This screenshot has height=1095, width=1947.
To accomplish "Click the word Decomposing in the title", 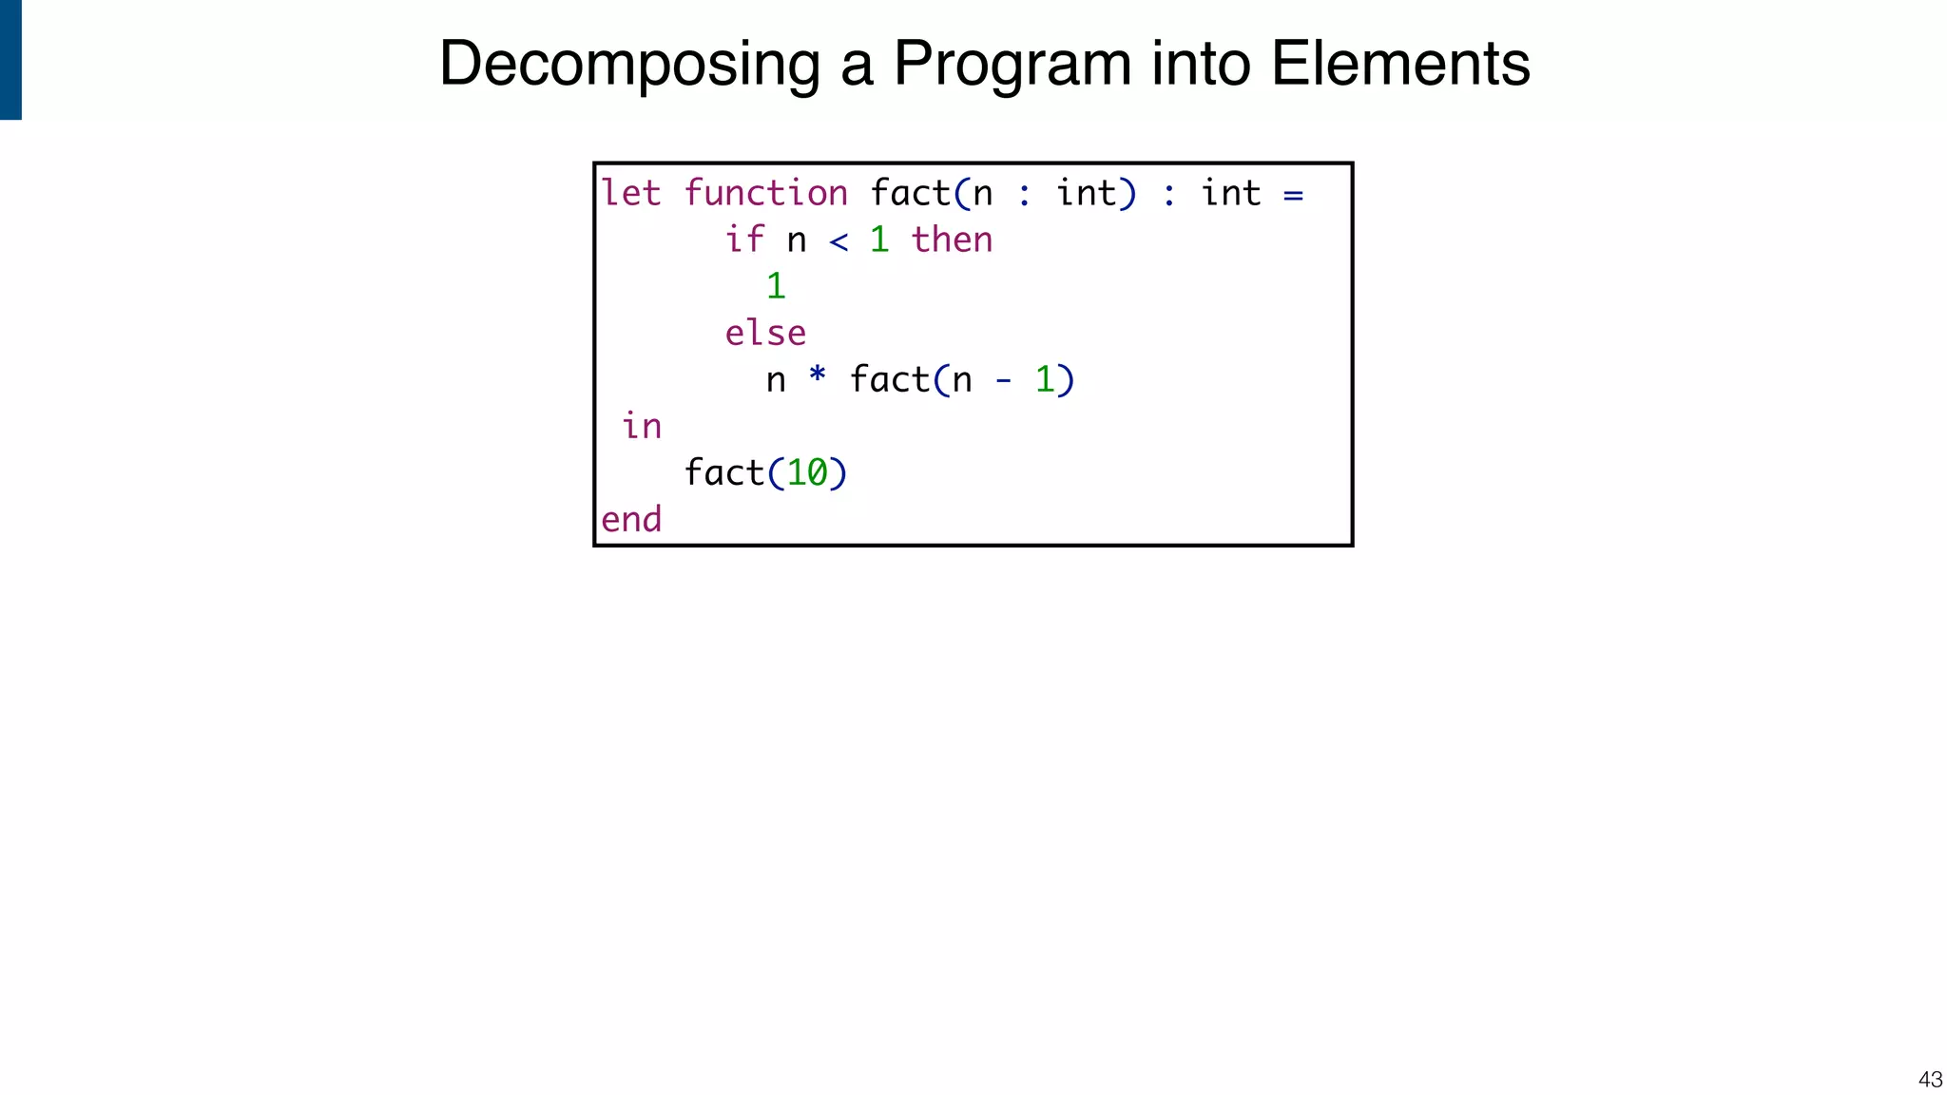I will [x=629, y=65].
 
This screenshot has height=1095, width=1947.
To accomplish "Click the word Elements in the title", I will [x=1400, y=65].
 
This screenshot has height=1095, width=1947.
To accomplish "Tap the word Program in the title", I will [x=1012, y=65].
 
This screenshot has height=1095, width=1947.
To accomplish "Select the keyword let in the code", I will [x=630, y=193].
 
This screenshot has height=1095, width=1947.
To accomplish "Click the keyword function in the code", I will [x=765, y=193].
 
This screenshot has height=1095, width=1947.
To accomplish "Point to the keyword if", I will [x=744, y=240].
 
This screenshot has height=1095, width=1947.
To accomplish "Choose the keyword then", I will [x=952, y=240].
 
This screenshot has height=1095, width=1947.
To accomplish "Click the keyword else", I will [x=765, y=333].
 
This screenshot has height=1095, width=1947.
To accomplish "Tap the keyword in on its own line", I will [x=642, y=426].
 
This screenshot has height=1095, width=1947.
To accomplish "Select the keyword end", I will [x=631, y=519].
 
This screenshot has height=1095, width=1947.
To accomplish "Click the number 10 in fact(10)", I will [x=807, y=472].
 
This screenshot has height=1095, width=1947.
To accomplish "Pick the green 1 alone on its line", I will [x=776, y=286].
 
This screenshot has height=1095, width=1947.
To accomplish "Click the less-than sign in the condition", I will [x=839, y=241].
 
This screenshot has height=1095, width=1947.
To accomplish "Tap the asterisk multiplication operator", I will [x=818, y=376].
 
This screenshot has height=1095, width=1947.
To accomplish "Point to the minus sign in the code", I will [x=1003, y=381].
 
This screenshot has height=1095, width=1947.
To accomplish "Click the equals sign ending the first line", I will [x=1293, y=195].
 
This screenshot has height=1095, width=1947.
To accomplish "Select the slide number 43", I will [x=1930, y=1080].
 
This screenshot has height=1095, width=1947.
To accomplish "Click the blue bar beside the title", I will [x=10, y=59].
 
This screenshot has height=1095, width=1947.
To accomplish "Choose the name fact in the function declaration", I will [x=911, y=193].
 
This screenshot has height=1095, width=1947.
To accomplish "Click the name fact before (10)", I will [x=724, y=472].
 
